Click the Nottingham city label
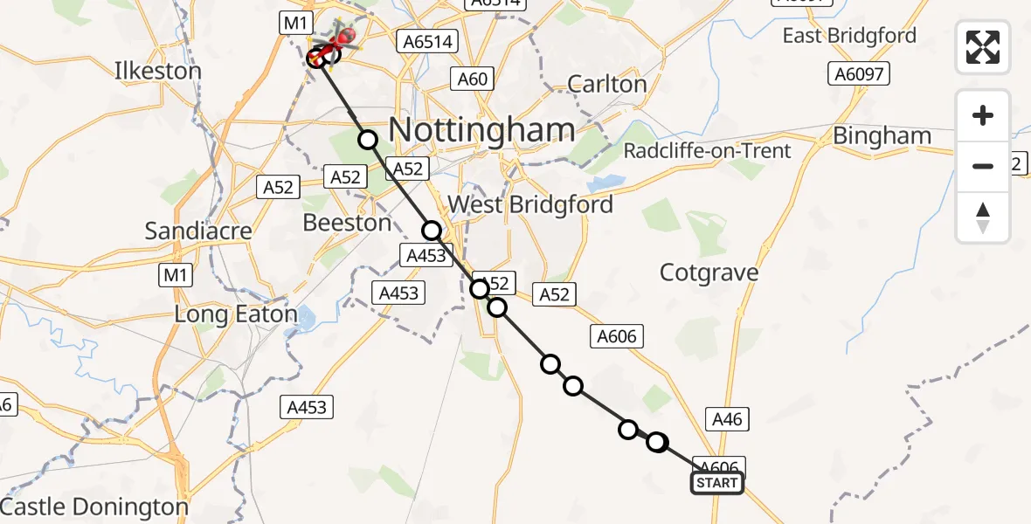tap(481, 130)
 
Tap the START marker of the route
tap(717, 483)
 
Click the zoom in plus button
tap(983, 116)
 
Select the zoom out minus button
tap(983, 166)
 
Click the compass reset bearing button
tap(983, 217)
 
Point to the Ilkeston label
tap(158, 71)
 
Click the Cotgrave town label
tap(709, 272)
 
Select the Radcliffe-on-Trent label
tap(707, 151)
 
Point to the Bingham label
tap(882, 136)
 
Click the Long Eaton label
tap(236, 314)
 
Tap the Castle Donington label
tap(94, 507)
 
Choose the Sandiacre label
tap(198, 231)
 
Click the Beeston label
tap(347, 223)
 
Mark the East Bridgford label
tap(849, 36)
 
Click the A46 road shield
tap(727, 420)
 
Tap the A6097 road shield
tap(860, 74)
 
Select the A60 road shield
tap(472, 79)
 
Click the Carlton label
tap(607, 85)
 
